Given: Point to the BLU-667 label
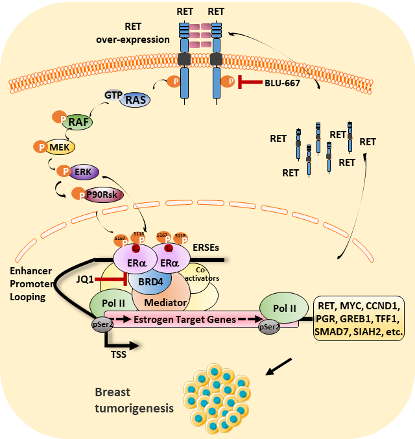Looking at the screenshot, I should point(282,83).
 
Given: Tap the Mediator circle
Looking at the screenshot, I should point(165,303).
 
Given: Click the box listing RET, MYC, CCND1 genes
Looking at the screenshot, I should point(359,318).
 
